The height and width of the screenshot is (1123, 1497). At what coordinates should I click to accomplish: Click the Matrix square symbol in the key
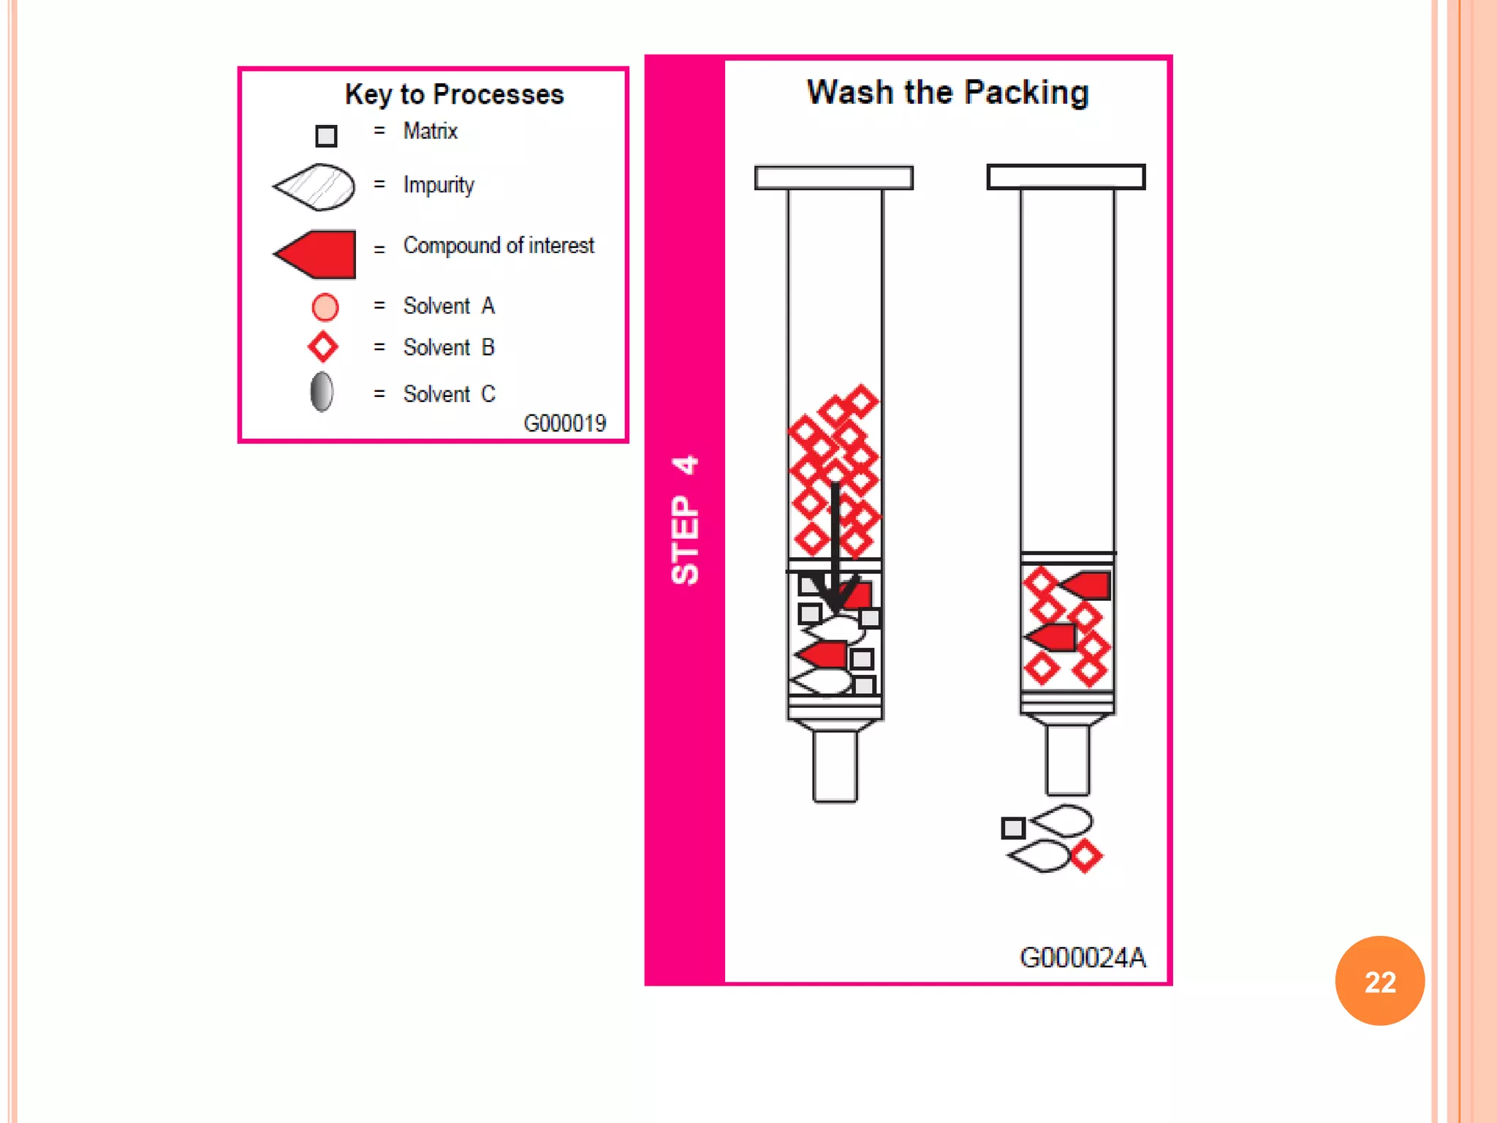tap(326, 136)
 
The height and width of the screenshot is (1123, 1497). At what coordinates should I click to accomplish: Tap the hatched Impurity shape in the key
tap(316, 187)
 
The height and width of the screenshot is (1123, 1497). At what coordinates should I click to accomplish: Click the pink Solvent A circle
tap(325, 307)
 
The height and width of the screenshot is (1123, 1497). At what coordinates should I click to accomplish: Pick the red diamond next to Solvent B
tap(323, 347)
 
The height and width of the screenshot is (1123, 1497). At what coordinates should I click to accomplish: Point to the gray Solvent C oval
tap(322, 392)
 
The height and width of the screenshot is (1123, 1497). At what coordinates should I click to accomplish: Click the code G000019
tap(564, 423)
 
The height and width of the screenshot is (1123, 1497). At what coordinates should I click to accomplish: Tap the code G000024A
tap(1082, 957)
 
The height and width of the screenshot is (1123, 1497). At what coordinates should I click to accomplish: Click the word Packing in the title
tap(1026, 93)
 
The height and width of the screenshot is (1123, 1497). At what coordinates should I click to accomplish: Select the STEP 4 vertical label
tap(685, 519)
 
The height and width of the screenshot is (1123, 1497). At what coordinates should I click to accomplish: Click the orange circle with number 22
tap(1379, 980)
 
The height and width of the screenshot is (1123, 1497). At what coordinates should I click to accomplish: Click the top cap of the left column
tap(833, 178)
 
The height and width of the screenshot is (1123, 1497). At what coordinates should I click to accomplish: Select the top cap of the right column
tap(1066, 177)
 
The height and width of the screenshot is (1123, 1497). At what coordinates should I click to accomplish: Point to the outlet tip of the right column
tap(1067, 760)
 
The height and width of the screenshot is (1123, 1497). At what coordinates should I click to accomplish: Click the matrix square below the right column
tap(1013, 828)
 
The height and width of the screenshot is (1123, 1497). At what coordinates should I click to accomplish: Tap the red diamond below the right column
tap(1086, 856)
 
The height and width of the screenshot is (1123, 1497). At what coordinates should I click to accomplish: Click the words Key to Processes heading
tap(454, 94)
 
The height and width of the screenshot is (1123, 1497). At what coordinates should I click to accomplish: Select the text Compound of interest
tap(499, 246)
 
